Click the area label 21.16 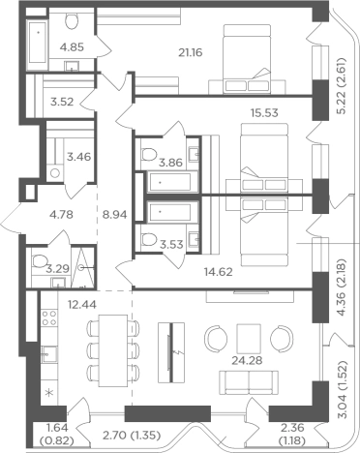(191, 52)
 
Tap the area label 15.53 (264, 113)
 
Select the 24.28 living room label (247, 360)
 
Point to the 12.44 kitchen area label (82, 304)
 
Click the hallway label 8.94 (115, 215)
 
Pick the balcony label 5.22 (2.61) (341, 86)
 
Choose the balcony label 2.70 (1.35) (132, 436)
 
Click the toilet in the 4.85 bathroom (72, 20)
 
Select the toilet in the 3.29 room (39, 260)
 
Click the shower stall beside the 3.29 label (83, 267)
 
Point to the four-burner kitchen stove (49, 317)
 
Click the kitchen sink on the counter (49, 354)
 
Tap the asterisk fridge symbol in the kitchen (49, 393)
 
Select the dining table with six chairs (113, 350)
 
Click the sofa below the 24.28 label (249, 382)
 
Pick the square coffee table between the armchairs (249, 339)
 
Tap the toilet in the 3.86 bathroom (149, 154)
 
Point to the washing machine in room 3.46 (54, 173)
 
